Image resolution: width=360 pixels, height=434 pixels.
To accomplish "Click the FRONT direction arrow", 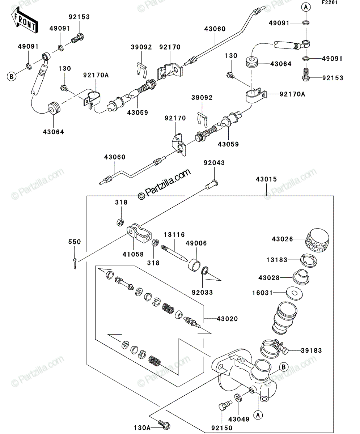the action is (25, 20).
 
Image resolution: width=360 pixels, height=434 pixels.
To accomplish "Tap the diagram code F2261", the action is (330, 3).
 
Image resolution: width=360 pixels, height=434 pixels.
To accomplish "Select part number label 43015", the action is (266, 179).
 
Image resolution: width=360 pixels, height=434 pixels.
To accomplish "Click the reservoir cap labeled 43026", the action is (317, 241).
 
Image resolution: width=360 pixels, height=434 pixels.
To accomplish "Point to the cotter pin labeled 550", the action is (75, 263).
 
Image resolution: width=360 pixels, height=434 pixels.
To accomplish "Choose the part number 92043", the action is (214, 163).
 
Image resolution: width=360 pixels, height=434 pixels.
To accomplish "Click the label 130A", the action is (142, 428).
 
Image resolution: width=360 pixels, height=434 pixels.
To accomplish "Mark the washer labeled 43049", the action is (238, 397).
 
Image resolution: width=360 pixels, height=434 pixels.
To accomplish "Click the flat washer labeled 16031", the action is (294, 293).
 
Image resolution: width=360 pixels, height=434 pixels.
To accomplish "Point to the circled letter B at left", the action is (12, 76).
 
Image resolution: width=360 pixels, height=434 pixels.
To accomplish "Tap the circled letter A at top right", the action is (306, 7).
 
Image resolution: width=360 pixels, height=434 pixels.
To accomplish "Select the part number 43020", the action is (227, 319).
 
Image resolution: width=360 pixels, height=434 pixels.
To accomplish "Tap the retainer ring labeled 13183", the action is (309, 260).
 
